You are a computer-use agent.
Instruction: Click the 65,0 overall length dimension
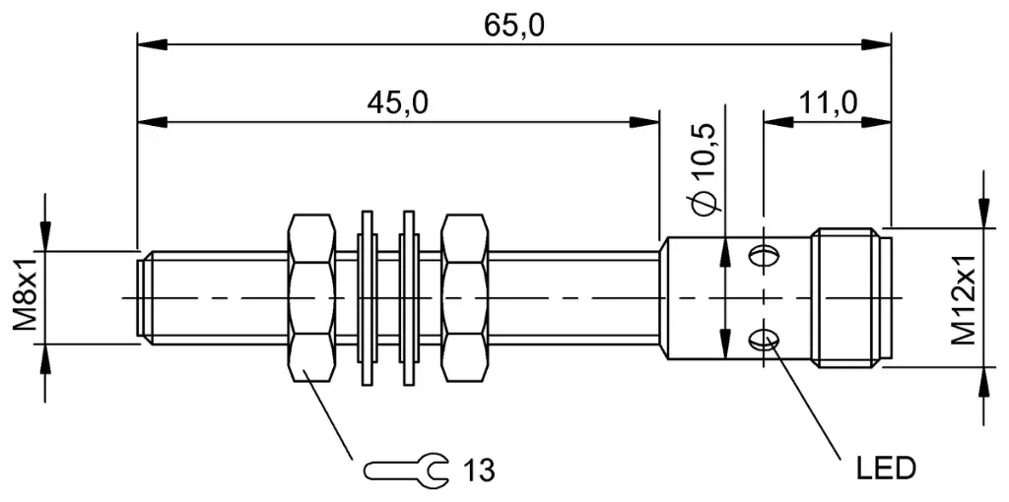coord(513,25)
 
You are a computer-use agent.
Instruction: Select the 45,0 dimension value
coord(397,102)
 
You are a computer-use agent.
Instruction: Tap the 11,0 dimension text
coord(828,102)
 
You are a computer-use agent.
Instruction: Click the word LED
coord(886,468)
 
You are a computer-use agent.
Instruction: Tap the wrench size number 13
coord(479,471)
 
